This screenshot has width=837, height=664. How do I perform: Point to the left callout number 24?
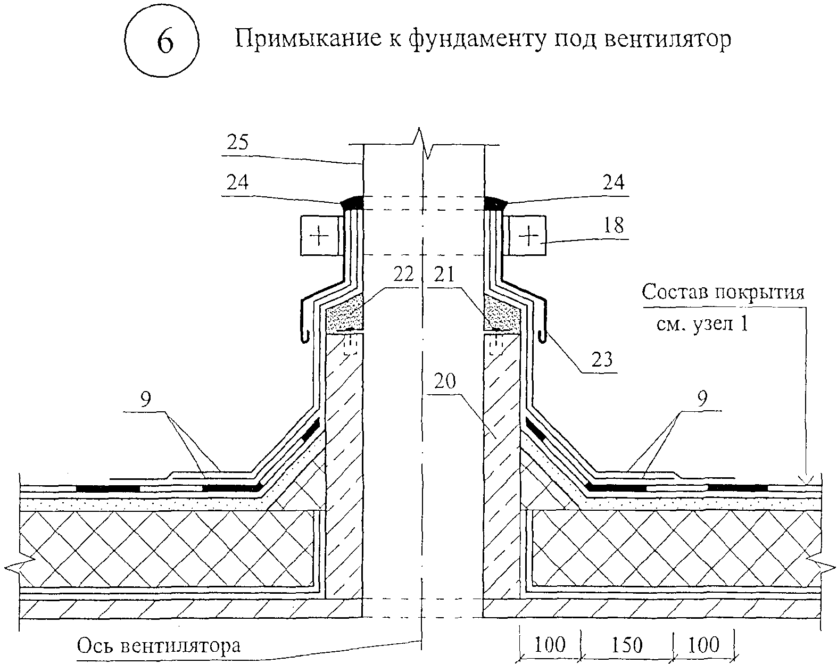(237, 182)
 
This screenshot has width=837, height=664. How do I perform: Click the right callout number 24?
(613, 182)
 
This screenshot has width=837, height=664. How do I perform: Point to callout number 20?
(446, 381)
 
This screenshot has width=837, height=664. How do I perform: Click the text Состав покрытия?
(723, 293)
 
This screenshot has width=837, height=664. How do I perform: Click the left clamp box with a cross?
(320, 235)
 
